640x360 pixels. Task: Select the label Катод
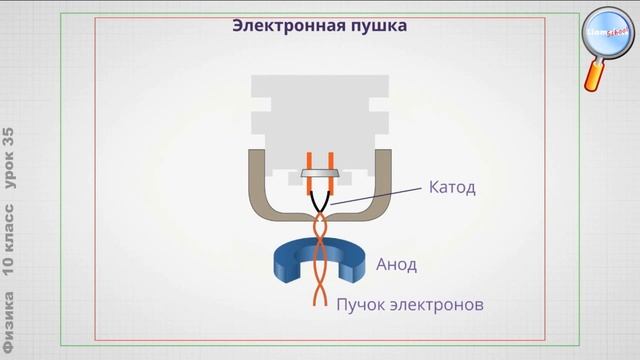click(452, 187)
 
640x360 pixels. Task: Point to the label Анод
click(396, 265)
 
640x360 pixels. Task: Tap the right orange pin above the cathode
click(329, 160)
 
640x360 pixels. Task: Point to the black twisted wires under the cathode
click(319, 200)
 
